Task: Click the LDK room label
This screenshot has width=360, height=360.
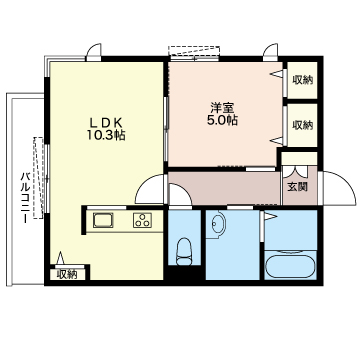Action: click(x=106, y=122)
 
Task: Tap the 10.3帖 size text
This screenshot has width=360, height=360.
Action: click(x=106, y=135)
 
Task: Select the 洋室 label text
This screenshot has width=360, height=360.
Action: click(x=222, y=108)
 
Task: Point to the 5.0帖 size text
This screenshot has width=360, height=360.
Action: click(x=222, y=120)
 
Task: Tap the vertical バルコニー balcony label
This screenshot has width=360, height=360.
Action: click(x=26, y=198)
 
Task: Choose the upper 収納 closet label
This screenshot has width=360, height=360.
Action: click(x=303, y=80)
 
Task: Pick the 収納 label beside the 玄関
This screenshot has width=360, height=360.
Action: click(x=303, y=125)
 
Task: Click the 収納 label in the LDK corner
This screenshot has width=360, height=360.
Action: click(x=67, y=274)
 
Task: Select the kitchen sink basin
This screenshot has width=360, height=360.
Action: click(x=103, y=220)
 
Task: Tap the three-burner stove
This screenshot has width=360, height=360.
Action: click(x=143, y=220)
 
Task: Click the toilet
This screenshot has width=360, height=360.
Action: click(x=184, y=252)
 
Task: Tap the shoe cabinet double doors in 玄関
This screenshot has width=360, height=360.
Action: click(x=296, y=172)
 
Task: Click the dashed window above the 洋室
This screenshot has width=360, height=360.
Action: click(x=194, y=51)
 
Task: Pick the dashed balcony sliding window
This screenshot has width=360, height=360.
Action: click(x=39, y=178)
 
